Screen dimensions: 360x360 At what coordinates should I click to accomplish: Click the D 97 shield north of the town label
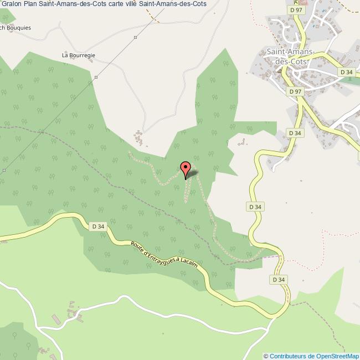(295, 10)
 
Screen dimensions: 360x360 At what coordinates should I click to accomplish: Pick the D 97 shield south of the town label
(295, 91)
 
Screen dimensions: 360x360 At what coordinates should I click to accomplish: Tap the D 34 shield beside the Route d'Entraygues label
(97, 226)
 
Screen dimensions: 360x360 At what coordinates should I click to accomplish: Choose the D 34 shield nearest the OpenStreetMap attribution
(279, 280)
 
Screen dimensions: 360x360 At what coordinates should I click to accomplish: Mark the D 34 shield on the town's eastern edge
(346, 72)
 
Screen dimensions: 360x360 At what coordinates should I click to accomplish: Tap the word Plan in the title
(30, 4)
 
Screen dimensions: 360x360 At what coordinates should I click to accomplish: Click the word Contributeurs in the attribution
(288, 356)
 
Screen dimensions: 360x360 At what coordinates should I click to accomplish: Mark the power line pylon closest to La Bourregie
(96, 77)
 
